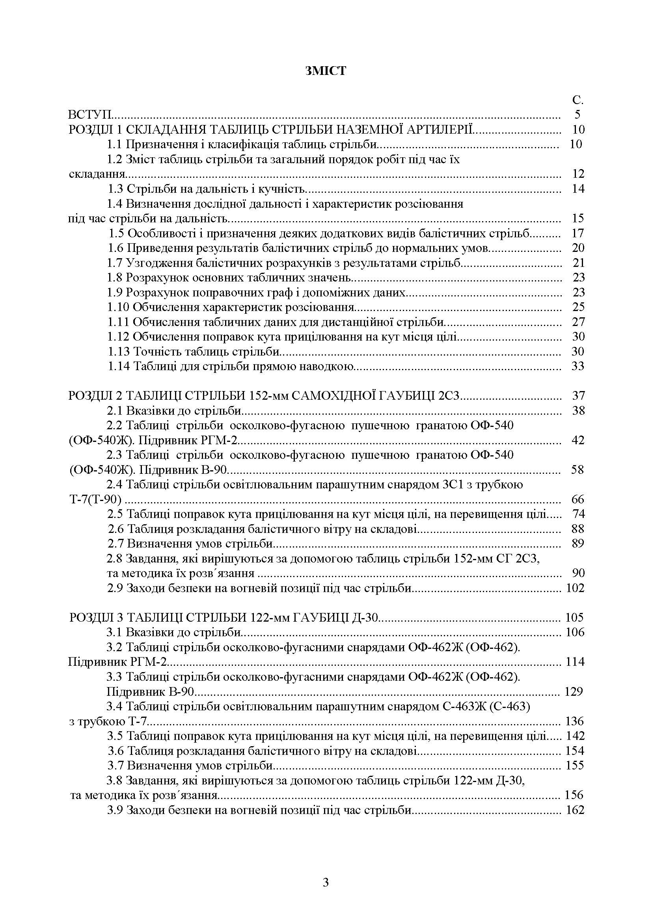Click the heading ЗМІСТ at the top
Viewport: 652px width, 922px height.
click(326, 71)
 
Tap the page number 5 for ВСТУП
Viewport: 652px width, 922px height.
click(577, 115)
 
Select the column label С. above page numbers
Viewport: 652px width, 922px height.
click(577, 101)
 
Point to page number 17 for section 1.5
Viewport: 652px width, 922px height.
click(577, 233)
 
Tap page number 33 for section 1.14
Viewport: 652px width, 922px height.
click(577, 366)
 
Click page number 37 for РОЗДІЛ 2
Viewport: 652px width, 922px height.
click(577, 396)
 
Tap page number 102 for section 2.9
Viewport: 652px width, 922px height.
click(575, 588)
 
